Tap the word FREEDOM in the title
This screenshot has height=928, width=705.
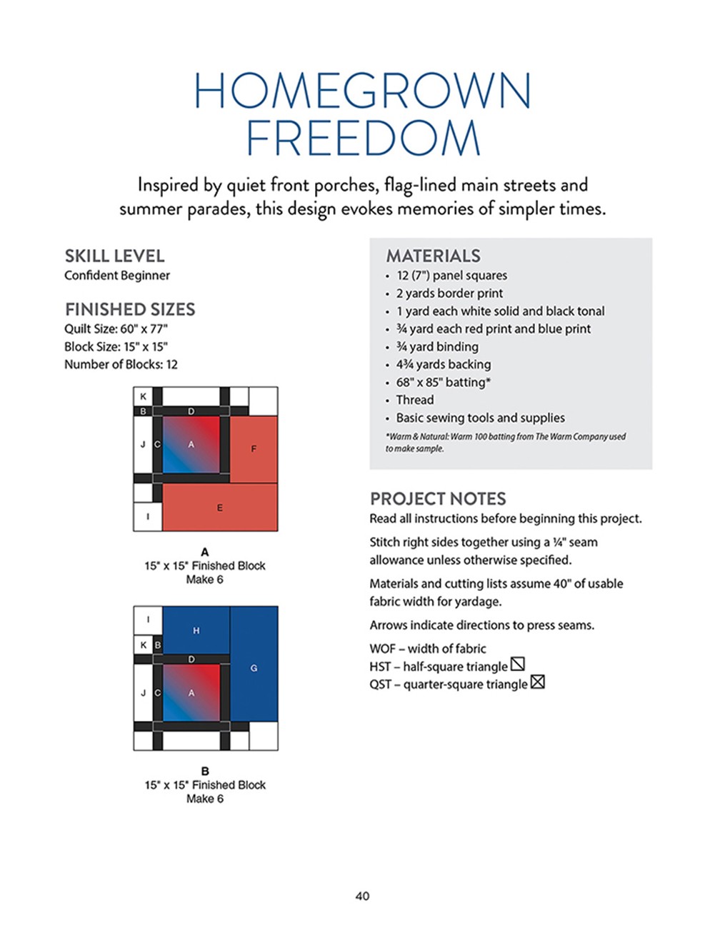point(363,138)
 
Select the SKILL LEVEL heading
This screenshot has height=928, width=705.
point(114,256)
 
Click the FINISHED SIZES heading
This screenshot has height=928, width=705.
point(130,309)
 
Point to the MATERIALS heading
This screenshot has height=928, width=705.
point(433,256)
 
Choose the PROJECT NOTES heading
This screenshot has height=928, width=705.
point(437,498)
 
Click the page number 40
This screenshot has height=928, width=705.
point(362,896)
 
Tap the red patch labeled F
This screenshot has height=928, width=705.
point(254,449)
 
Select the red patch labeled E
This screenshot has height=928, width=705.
point(219,508)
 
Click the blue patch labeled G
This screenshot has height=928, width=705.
point(254,668)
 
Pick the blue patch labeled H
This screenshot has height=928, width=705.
point(196,629)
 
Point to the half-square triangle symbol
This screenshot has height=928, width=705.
point(518,665)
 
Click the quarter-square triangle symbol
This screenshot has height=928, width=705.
point(538,682)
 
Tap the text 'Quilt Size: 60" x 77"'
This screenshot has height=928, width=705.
point(116,328)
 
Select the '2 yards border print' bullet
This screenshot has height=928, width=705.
point(449,293)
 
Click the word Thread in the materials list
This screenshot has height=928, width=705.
point(414,400)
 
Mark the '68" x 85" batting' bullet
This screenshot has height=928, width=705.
point(443,382)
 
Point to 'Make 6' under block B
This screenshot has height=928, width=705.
point(205,798)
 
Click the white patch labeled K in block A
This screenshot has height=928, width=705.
point(143,396)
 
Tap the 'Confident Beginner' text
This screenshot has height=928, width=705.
point(117,275)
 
